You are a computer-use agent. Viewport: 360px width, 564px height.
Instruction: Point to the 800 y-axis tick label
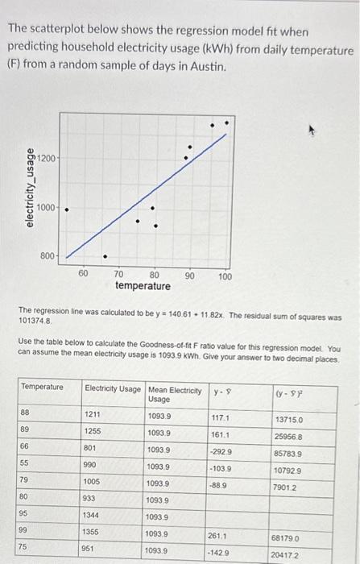coord(48,256)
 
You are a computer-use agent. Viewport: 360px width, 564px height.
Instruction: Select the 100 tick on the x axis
coord(225,276)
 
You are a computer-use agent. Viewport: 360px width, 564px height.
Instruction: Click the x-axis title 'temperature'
coord(143,286)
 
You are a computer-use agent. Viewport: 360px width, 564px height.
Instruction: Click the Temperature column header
coord(42,387)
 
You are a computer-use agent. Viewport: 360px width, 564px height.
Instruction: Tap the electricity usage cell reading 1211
coord(93,416)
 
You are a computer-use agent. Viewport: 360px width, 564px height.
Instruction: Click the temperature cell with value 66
coord(26,450)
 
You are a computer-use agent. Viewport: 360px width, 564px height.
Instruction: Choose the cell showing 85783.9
coord(288,454)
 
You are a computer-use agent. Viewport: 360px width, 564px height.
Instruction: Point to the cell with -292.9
coord(221,453)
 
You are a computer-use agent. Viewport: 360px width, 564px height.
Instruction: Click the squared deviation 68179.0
coord(288,537)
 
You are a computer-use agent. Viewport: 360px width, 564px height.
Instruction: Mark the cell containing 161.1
coord(221,435)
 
